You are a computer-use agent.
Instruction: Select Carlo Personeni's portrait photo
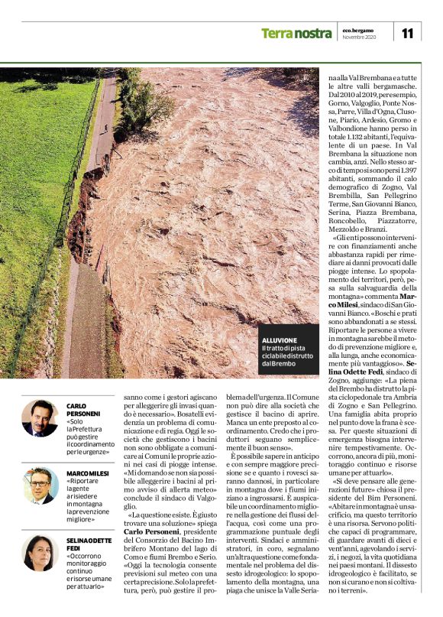(x=40, y=417)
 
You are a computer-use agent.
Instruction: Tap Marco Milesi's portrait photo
(x=40, y=486)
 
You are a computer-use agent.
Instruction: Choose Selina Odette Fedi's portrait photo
(x=40, y=553)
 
